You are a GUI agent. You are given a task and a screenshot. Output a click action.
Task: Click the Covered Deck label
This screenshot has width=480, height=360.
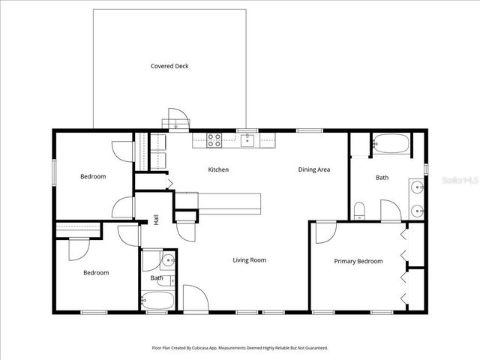click(169, 66)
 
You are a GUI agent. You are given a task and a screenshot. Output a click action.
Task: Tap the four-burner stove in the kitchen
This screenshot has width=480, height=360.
click(214, 138)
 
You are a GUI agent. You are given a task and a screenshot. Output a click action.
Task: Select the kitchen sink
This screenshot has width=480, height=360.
click(247, 139)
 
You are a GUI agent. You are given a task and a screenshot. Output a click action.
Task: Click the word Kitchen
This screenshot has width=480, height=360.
click(218, 169)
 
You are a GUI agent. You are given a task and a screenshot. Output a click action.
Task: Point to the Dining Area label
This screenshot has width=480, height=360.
click(314, 169)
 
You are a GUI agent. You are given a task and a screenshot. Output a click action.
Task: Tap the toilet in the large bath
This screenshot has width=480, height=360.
click(359, 210)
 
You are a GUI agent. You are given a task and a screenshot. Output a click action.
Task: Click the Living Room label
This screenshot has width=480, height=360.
click(249, 260)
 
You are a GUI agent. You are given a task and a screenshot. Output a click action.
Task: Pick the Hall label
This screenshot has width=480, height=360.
click(157, 220)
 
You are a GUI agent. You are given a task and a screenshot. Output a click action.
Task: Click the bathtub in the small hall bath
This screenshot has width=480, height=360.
click(158, 301)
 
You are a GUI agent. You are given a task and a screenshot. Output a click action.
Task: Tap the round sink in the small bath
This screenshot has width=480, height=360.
click(167, 261)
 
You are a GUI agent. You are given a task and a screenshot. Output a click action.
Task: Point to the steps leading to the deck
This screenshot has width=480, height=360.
click(177, 119)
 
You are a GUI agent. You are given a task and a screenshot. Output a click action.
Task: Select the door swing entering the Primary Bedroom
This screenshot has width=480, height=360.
click(325, 233)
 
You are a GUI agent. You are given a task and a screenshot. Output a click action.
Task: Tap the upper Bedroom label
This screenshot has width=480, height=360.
click(94, 176)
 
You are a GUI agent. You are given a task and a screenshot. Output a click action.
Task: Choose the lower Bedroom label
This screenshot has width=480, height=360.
click(96, 273)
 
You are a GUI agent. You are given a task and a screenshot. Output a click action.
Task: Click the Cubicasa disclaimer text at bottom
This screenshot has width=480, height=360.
click(240, 348)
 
